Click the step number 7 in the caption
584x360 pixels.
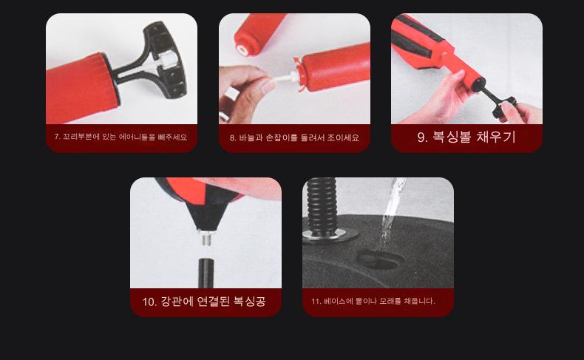point(56,137)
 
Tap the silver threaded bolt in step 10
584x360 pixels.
point(206,237)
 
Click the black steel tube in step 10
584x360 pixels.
point(206,273)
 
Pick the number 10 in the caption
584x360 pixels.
point(149,302)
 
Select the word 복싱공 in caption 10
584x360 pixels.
point(250,301)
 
